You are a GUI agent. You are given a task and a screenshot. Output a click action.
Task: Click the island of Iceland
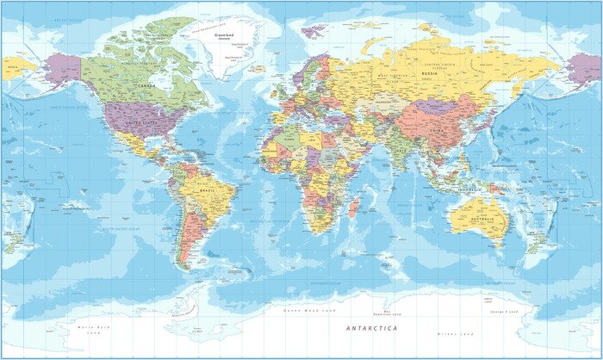[x=258, y=68]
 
